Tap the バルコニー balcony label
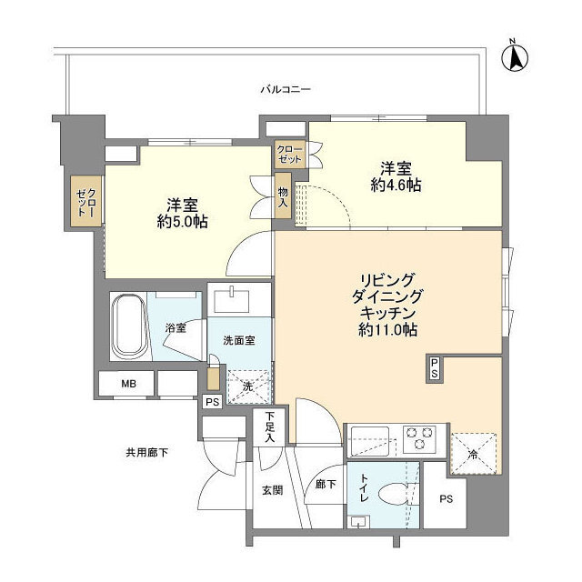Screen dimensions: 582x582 click(286, 90)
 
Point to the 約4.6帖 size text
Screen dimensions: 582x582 click(396, 186)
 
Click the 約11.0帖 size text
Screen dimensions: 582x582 click(386, 330)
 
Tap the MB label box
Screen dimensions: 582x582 click(127, 385)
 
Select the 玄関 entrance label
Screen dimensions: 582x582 click(272, 490)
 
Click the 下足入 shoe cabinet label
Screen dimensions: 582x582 click(270, 427)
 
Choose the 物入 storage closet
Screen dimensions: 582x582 click(283, 196)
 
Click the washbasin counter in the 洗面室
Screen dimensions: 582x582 click(239, 297)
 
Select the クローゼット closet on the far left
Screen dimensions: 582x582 click(87, 202)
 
